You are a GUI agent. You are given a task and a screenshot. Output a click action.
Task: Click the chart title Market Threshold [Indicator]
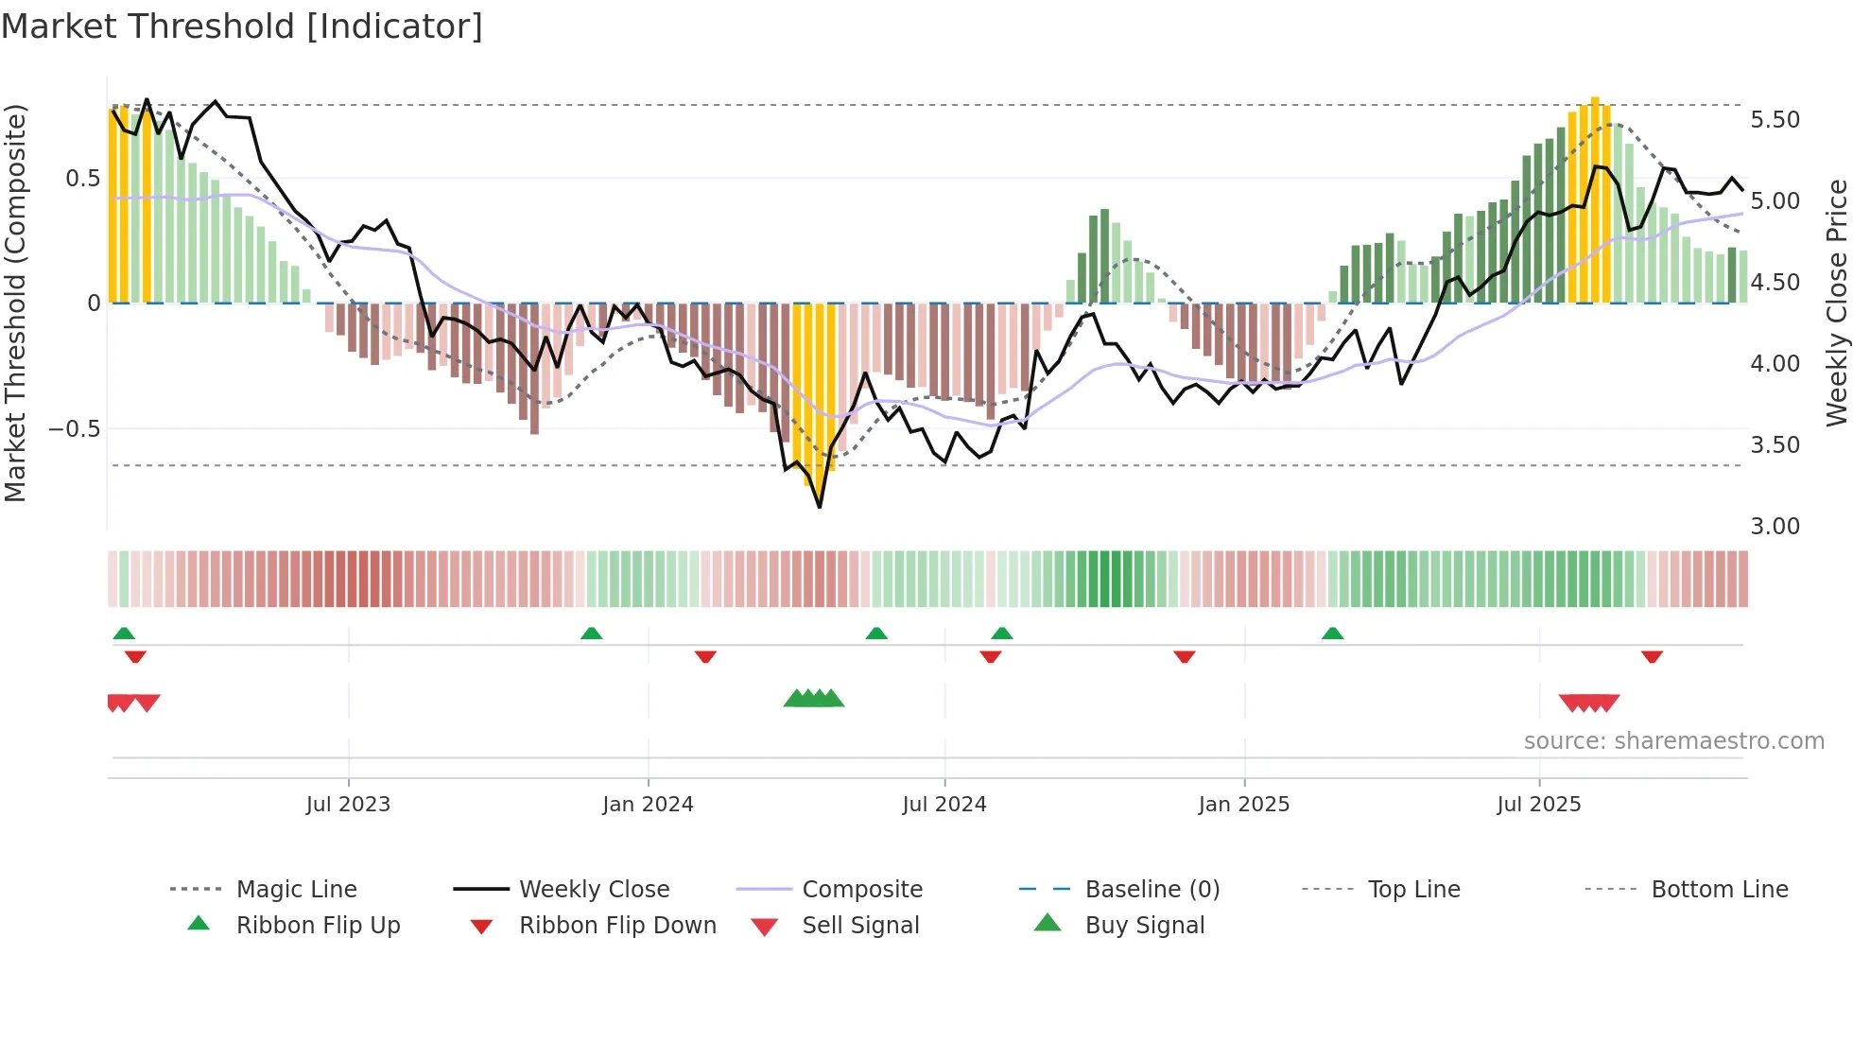pyautogui.click(x=242, y=26)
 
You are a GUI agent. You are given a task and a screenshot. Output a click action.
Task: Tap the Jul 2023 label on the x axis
pyautogui.click(x=348, y=805)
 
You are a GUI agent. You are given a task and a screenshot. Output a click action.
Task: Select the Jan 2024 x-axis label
pyautogui.click(x=648, y=805)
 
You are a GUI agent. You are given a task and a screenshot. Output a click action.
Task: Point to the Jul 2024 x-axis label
pyautogui.click(x=944, y=805)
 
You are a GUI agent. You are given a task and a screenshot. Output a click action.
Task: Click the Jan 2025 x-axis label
pyautogui.click(x=1243, y=805)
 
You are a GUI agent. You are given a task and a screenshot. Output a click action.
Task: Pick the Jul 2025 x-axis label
pyautogui.click(x=1538, y=805)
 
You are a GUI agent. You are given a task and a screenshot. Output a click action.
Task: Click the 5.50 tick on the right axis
pyautogui.click(x=1775, y=120)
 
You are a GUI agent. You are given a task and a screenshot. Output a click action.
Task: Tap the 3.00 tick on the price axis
pyautogui.click(x=1775, y=527)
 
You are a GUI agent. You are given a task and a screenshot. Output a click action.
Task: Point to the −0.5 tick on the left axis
pyautogui.click(x=74, y=429)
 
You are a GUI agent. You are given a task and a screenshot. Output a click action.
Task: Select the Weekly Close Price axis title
pyautogui.click(x=1836, y=303)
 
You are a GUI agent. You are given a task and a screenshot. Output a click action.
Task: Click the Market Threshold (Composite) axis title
pyautogui.click(x=15, y=303)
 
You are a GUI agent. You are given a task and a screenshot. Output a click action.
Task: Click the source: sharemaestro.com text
pyautogui.click(x=1673, y=741)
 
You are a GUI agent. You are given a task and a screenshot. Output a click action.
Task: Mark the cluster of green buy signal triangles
pyautogui.click(x=813, y=699)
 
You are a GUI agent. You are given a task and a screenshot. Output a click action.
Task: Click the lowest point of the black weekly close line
pyautogui.click(x=820, y=507)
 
